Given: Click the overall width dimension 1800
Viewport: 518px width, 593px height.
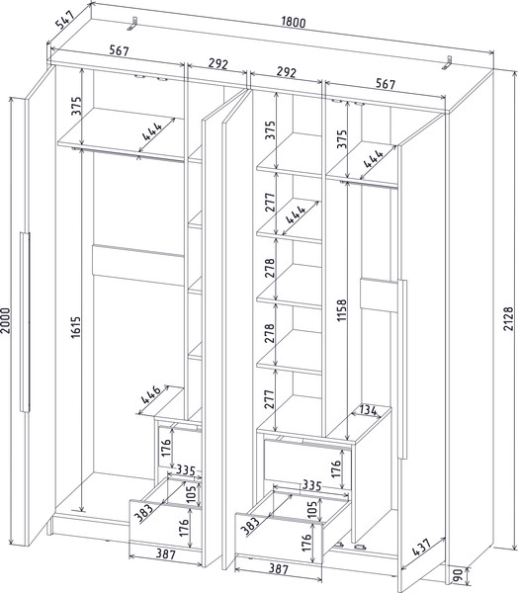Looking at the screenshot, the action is click(x=294, y=23).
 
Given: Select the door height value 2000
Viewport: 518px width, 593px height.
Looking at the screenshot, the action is click(x=6, y=320).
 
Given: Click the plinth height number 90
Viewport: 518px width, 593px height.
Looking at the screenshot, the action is click(x=458, y=575).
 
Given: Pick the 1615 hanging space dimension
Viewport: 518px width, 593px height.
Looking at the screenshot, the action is click(x=76, y=327).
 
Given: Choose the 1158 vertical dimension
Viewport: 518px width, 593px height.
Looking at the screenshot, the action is click(x=342, y=310).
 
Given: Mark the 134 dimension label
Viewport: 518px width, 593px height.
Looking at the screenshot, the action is click(x=368, y=410).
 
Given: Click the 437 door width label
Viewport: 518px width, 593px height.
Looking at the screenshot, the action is click(x=420, y=547).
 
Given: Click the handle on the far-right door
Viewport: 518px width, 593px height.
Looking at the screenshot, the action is click(x=402, y=369).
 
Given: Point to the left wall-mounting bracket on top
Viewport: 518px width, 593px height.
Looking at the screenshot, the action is click(x=132, y=23).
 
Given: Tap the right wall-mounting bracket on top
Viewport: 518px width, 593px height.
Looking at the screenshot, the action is click(x=447, y=63).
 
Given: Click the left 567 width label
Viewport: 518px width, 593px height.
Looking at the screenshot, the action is click(x=119, y=50).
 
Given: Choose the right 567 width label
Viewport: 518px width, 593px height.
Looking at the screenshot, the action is click(x=386, y=84).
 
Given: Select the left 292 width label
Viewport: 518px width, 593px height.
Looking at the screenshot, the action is click(x=218, y=63).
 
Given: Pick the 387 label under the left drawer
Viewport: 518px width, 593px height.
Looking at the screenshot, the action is click(x=166, y=554).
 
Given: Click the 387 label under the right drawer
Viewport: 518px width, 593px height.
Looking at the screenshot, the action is click(x=278, y=568).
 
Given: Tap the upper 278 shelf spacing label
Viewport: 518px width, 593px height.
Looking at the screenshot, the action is click(x=270, y=268).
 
